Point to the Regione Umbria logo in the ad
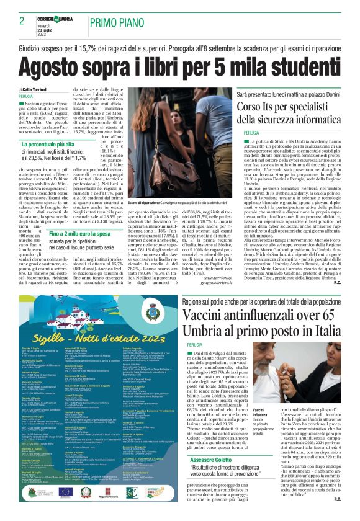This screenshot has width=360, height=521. pos(111,495)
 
